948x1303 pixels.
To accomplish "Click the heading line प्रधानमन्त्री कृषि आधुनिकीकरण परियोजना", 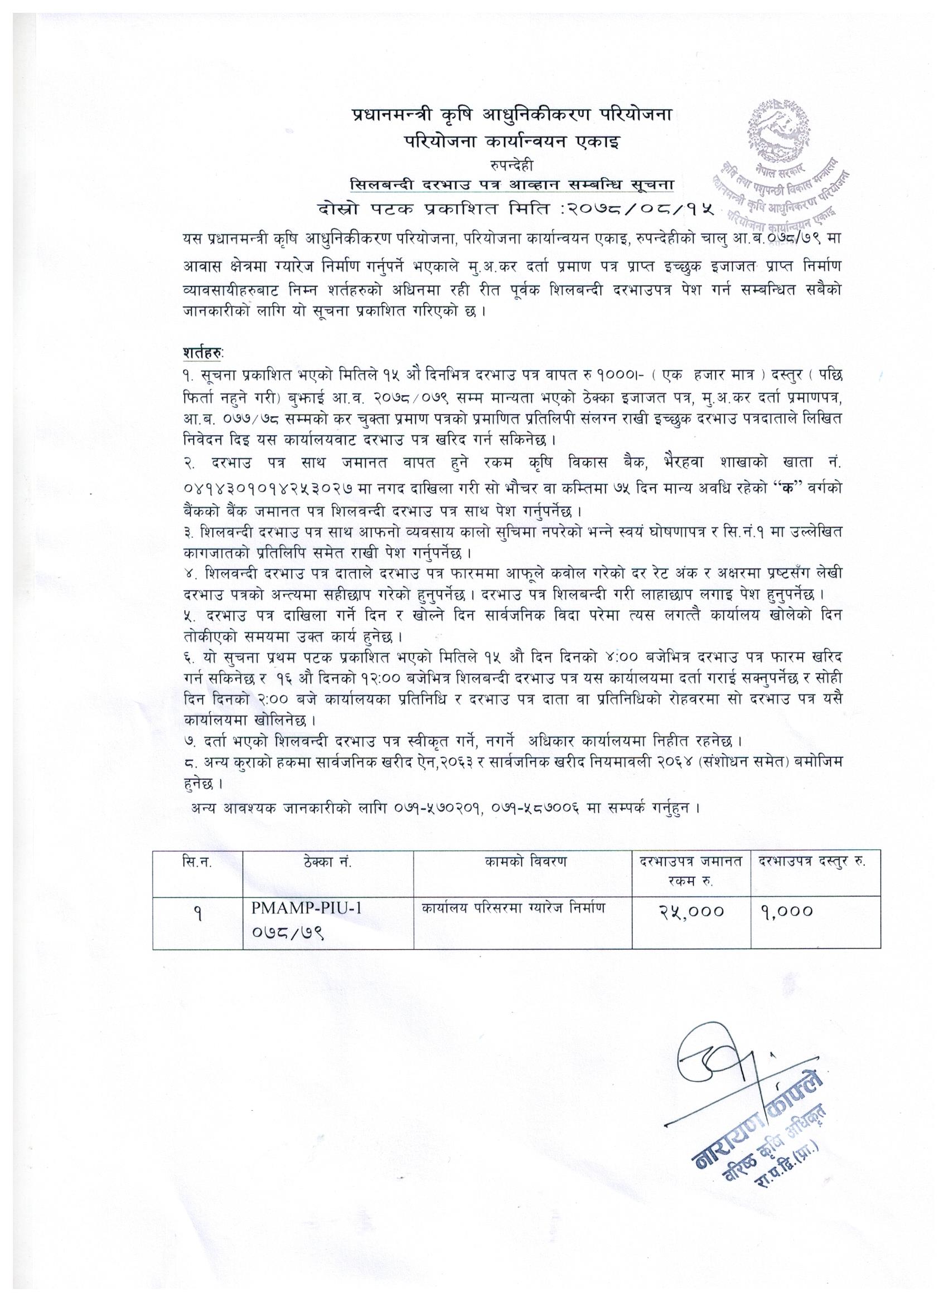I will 512,115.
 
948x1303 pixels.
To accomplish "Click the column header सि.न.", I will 197,862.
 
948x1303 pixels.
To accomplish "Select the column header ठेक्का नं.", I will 328,862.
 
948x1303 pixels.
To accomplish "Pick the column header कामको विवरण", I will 523,862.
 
